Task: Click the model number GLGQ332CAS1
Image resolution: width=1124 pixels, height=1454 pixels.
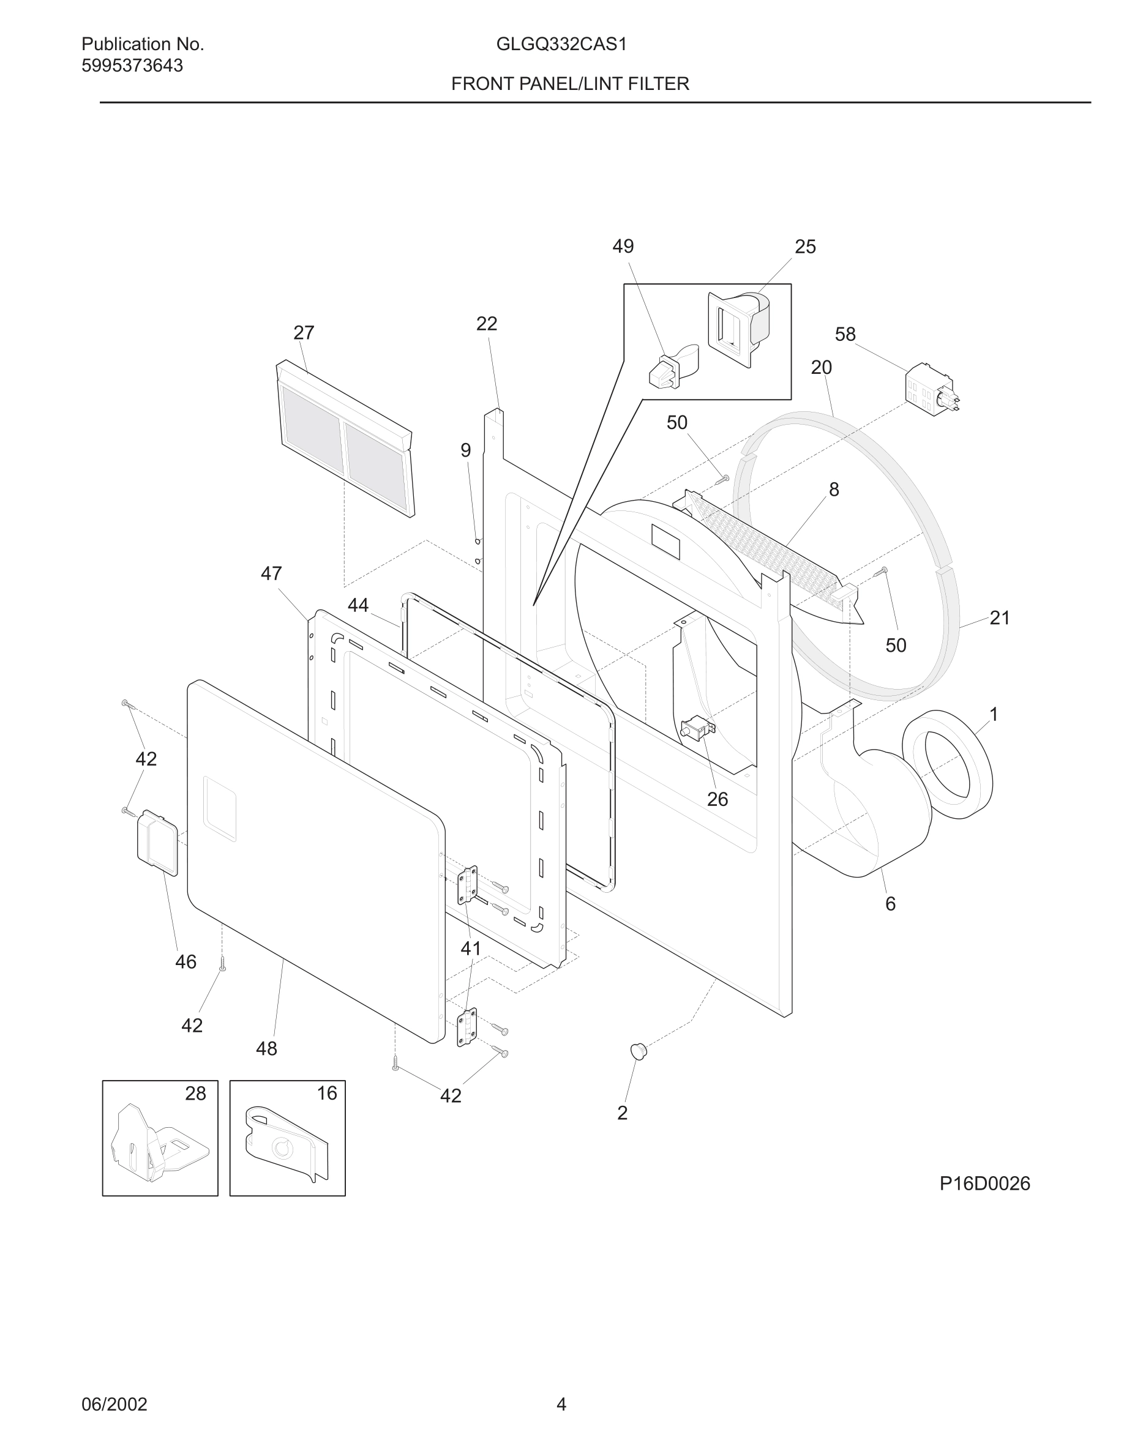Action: (x=561, y=45)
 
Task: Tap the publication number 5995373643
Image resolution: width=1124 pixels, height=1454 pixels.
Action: (x=132, y=66)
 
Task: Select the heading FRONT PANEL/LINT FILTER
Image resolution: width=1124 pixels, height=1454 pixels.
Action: (x=570, y=84)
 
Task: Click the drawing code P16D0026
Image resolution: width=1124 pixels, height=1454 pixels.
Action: (x=984, y=1183)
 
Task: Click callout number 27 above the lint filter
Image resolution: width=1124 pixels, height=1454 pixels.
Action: (x=304, y=333)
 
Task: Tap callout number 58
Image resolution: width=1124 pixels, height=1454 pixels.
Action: (x=845, y=334)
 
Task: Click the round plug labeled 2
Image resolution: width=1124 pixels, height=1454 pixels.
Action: (x=639, y=1051)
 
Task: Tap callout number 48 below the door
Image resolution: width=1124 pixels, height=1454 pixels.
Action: (x=266, y=1048)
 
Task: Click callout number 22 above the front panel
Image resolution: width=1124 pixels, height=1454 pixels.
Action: (x=487, y=324)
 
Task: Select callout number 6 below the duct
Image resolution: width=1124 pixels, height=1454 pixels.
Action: (x=890, y=903)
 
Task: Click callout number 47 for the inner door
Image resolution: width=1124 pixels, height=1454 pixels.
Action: (x=271, y=573)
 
